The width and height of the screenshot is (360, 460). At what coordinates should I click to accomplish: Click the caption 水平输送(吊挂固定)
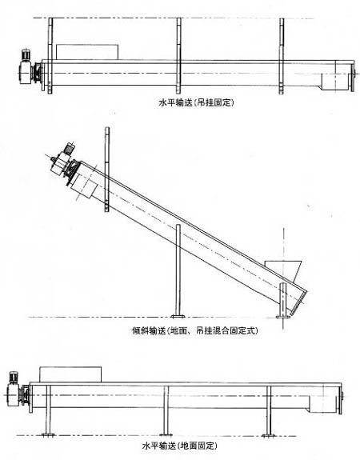[196, 102]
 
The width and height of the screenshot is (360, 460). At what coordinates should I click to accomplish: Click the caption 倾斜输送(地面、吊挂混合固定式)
[195, 330]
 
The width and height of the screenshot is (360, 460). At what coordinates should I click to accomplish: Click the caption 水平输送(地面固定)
[180, 446]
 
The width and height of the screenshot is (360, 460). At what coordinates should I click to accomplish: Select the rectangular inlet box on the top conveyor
[87, 52]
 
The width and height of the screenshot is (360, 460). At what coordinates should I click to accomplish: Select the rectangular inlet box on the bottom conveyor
[70, 374]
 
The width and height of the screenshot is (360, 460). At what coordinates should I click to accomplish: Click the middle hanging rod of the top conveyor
[178, 56]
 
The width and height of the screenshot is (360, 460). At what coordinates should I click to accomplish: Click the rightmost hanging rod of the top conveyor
[282, 56]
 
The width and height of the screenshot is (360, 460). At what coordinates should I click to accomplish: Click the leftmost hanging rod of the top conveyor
[50, 56]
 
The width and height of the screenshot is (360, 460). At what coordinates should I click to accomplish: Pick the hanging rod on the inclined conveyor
[107, 169]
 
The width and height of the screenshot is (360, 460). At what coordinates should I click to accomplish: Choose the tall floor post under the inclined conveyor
[178, 270]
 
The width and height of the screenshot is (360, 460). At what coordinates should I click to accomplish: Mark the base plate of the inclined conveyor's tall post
[178, 316]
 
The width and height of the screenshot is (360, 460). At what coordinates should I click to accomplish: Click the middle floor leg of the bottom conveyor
[166, 410]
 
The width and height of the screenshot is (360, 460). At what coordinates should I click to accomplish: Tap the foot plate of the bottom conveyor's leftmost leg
[48, 434]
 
